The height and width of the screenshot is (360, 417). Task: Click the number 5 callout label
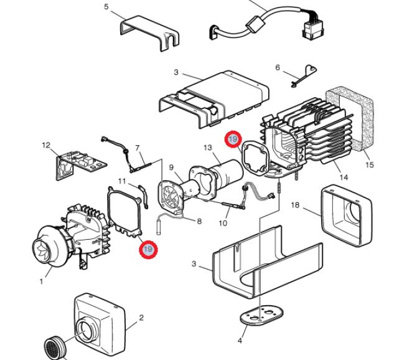tap(106, 6)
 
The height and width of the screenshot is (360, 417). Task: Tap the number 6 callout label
tap(278, 67)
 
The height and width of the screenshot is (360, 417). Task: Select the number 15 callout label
tap(370, 164)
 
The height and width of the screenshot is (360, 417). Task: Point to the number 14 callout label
tap(344, 178)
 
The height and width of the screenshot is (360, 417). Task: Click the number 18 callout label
tap(295, 205)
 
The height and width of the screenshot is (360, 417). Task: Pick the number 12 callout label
tap(46, 145)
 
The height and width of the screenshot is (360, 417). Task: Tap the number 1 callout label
tap(41, 281)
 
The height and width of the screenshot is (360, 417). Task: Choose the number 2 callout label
tap(141, 318)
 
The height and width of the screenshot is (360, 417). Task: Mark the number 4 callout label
tap(240, 340)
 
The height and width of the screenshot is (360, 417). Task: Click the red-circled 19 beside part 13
tap(233, 139)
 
